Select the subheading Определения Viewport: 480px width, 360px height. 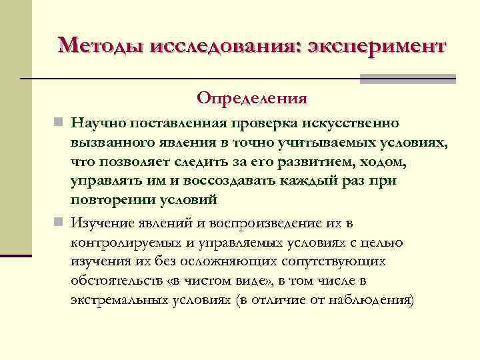252,99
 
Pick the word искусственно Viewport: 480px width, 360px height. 355,124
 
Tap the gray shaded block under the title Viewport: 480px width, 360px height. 407,79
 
